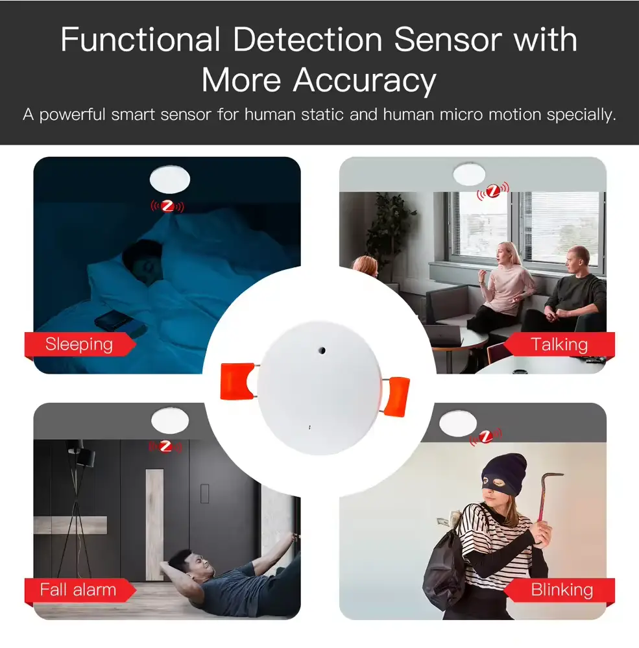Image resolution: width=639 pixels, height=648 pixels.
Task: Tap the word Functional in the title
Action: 140,40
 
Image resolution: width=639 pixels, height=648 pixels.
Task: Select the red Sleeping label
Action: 78,344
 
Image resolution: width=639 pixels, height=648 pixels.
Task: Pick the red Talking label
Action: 559,344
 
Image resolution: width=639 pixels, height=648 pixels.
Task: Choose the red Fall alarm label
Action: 78,590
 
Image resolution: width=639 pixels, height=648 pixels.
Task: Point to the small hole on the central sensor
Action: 320,349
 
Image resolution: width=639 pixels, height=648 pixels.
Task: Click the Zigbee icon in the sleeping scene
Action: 168,206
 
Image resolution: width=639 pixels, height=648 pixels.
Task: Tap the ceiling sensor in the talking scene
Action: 469,173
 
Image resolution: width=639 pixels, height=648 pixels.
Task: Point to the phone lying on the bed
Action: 113,320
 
